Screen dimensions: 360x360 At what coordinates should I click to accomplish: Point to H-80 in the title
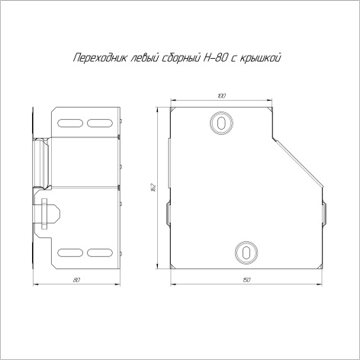click(x=215, y=58)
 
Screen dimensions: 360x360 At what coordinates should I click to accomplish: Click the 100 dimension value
click(x=222, y=96)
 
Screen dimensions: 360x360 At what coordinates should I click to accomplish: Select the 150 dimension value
click(x=246, y=280)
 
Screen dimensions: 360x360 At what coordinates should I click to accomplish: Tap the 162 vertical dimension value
click(x=153, y=187)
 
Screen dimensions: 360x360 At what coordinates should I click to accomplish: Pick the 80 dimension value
click(x=76, y=280)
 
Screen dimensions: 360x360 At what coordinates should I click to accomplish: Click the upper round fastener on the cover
click(x=222, y=123)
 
